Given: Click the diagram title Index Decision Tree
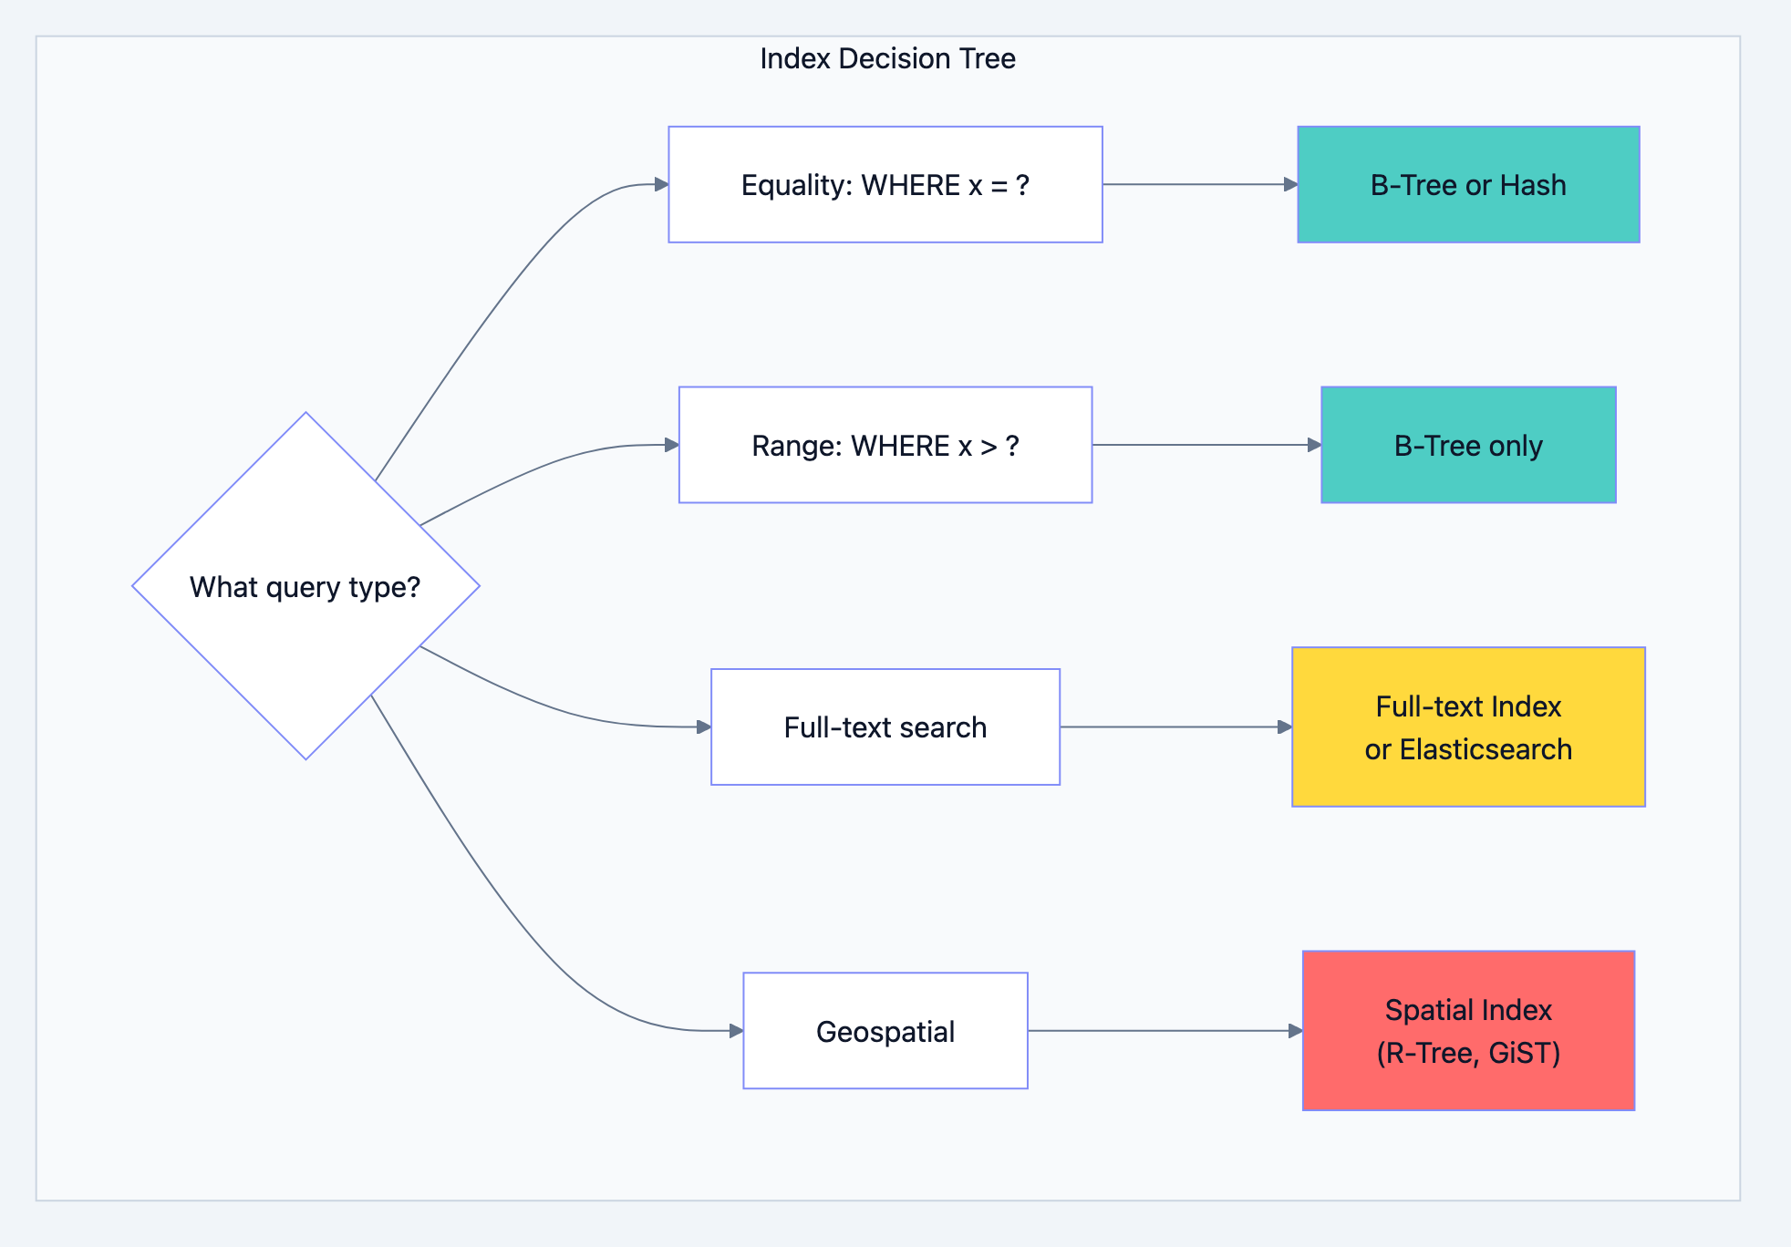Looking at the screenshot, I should [x=886, y=58].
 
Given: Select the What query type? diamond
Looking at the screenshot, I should [x=305, y=586].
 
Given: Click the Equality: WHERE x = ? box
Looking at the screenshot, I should [x=885, y=185].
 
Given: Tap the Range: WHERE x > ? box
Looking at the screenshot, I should [x=885, y=446].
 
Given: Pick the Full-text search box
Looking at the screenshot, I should [x=885, y=727].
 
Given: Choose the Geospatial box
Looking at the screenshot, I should [x=885, y=1031].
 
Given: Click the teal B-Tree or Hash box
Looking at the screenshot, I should [x=1468, y=185].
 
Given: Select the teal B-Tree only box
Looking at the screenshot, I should [x=1468, y=446].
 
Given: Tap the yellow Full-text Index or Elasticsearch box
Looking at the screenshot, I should [x=1468, y=727].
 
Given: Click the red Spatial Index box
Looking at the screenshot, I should [x=1468, y=1031].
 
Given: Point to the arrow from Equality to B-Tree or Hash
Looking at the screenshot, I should [x=1199, y=184].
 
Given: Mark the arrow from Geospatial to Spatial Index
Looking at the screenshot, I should [x=1164, y=1031].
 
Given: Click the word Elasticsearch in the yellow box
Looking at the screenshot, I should [x=1486, y=749].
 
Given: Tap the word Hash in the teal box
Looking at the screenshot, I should [x=1533, y=185].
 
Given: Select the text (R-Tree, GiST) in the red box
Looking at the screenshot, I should [x=1468, y=1053].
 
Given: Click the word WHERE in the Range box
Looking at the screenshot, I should [x=900, y=446].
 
